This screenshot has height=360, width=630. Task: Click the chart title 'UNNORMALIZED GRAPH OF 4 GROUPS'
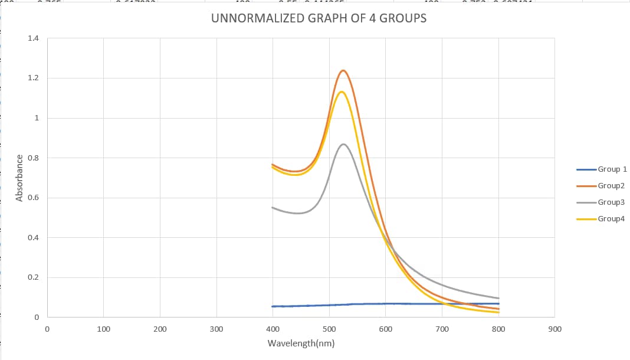pyautogui.click(x=319, y=18)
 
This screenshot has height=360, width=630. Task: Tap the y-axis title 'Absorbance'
pyautogui.click(x=19, y=178)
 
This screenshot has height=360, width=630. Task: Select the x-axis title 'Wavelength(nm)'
pyautogui.click(x=301, y=343)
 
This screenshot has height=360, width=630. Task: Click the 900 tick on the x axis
pyautogui.click(x=554, y=329)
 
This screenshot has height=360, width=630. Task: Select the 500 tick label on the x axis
pyautogui.click(x=329, y=329)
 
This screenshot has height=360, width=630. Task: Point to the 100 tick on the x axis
pyautogui.click(x=103, y=329)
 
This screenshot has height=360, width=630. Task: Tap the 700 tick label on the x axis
pyautogui.click(x=442, y=329)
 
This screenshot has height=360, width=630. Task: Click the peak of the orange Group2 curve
pyautogui.click(x=343, y=70)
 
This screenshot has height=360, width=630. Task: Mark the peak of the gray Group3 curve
pyautogui.click(x=343, y=144)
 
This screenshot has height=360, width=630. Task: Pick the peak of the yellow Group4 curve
pyautogui.click(x=341, y=91)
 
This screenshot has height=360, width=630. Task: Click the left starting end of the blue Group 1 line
pyautogui.click(x=273, y=306)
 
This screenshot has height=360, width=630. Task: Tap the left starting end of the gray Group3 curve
pyautogui.click(x=273, y=208)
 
